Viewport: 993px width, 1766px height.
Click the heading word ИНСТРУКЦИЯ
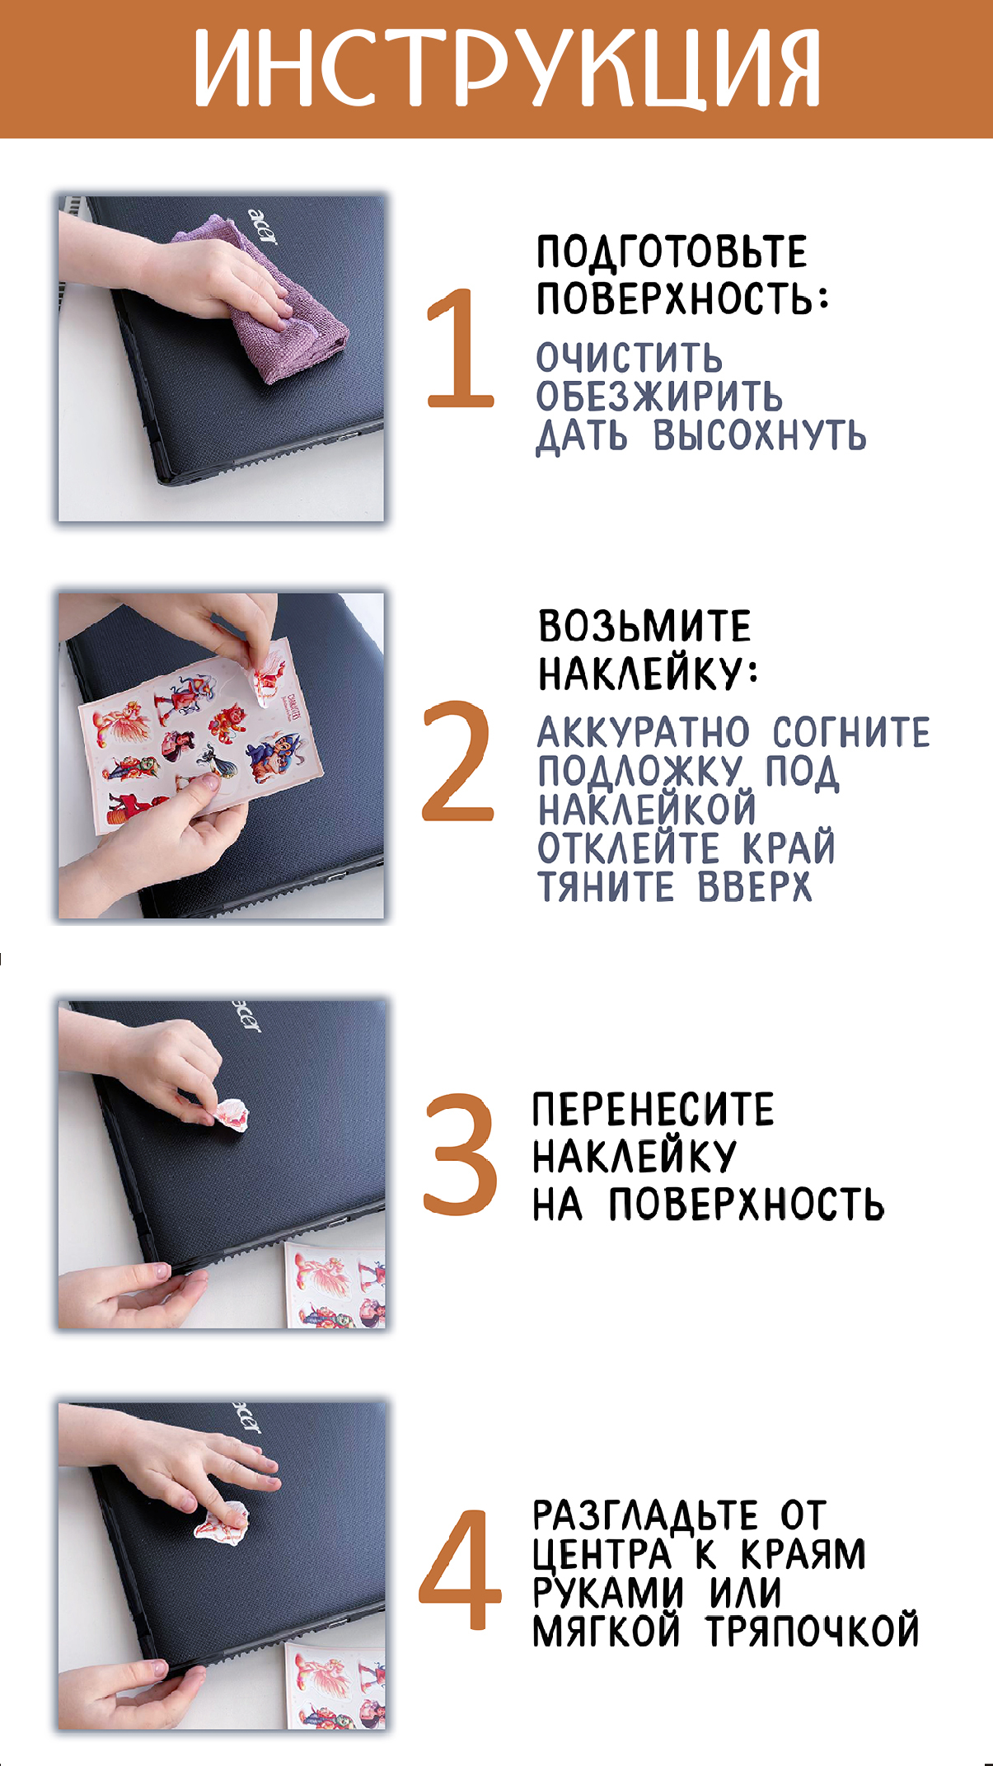pos(507,69)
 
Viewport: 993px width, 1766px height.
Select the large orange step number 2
pos(457,760)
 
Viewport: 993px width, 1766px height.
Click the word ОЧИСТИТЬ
pos(629,359)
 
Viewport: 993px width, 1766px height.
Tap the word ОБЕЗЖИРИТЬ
pos(658,397)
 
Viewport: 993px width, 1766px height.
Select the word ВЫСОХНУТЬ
pos(760,434)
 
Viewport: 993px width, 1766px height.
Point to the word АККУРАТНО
pos(644,732)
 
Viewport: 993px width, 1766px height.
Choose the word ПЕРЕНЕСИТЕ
pos(653,1109)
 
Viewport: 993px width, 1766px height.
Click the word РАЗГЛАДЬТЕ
pos(644,1515)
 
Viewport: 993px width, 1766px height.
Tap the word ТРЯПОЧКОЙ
pos(812,1630)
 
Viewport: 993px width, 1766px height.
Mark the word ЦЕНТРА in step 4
pos(602,1555)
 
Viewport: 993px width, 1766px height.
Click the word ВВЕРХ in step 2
pos(754,887)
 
